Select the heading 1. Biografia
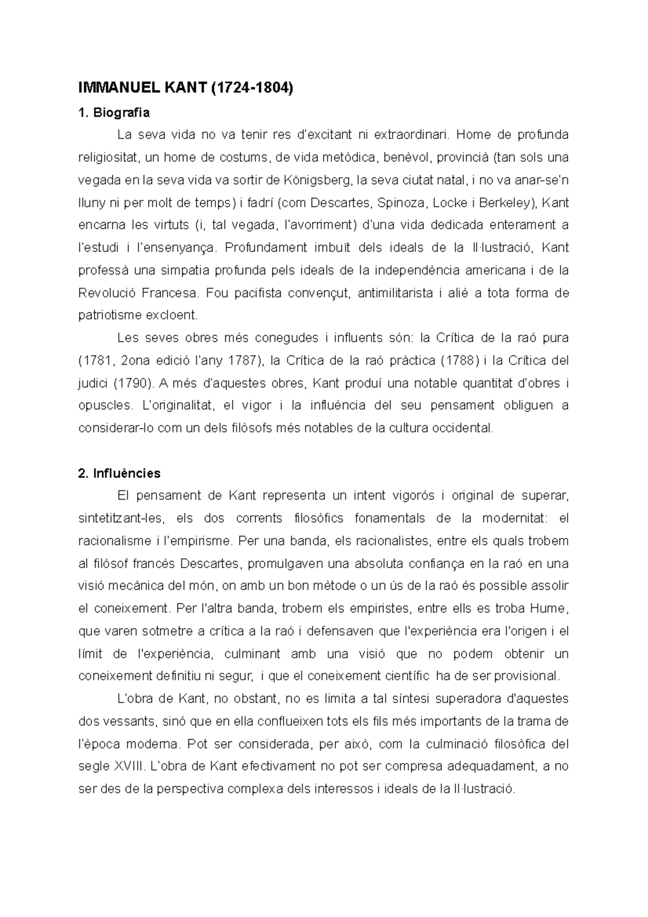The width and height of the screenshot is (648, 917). coord(114,113)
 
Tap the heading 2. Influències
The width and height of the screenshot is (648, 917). coord(119,474)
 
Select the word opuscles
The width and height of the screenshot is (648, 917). coord(104,406)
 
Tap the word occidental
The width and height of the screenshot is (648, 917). coord(464,429)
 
